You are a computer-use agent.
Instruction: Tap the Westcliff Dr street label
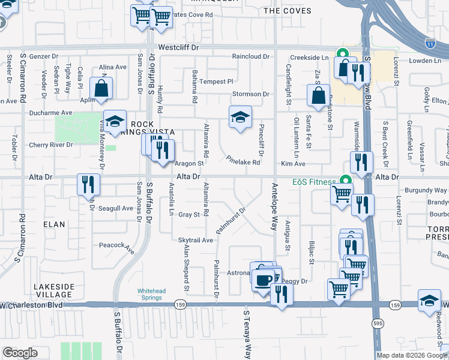(x=178, y=47)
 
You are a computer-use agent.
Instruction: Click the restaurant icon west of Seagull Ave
(x=88, y=184)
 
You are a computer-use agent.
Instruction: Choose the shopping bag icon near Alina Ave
(x=102, y=88)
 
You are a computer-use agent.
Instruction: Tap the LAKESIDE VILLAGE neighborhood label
(x=53, y=290)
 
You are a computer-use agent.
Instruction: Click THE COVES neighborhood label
(x=288, y=11)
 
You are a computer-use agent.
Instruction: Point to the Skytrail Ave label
(x=196, y=240)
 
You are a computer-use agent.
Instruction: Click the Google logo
(x=20, y=352)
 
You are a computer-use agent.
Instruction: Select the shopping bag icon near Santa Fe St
(x=318, y=95)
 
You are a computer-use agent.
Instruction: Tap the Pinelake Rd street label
(x=243, y=161)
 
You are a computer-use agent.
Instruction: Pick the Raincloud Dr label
(x=251, y=56)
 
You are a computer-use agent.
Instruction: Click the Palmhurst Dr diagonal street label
(x=232, y=221)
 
